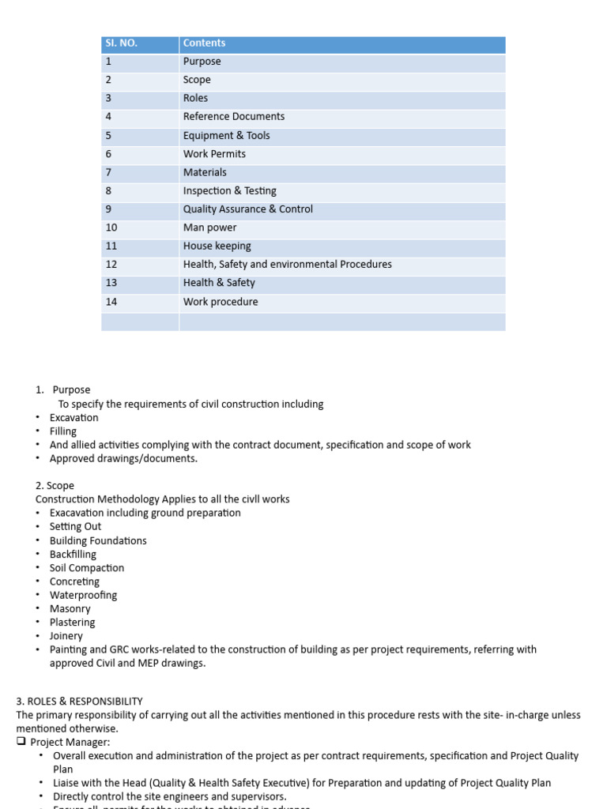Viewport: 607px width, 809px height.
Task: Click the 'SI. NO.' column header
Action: pos(121,43)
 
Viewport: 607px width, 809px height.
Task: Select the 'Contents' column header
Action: pos(204,43)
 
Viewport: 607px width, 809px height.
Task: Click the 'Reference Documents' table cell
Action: pos(233,116)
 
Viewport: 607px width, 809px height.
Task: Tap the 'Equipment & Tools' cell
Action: pos(226,135)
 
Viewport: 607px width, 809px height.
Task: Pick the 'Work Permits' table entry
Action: pos(214,154)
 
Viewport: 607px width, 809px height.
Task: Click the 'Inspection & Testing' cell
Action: pos(229,190)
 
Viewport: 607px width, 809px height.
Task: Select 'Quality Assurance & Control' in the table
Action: pos(247,209)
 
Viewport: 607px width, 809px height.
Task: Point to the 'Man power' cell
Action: pos(209,228)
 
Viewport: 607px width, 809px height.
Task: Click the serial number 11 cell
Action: pos(111,246)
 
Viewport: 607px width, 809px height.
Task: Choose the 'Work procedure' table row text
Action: pos(220,302)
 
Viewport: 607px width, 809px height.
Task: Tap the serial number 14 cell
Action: pos(111,302)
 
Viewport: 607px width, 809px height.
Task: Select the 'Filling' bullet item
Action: pos(63,431)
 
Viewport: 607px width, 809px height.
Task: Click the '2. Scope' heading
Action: pos(55,486)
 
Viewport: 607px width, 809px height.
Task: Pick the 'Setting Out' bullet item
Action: pos(75,526)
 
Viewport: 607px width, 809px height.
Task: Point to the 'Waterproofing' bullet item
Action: pos(83,595)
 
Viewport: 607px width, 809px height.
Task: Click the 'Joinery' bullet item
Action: pos(66,636)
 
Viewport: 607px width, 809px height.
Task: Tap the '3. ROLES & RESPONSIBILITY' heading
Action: pos(79,701)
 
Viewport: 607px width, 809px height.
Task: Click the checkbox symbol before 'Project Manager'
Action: pos(21,743)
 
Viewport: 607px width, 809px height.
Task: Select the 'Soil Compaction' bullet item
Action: pos(86,568)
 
